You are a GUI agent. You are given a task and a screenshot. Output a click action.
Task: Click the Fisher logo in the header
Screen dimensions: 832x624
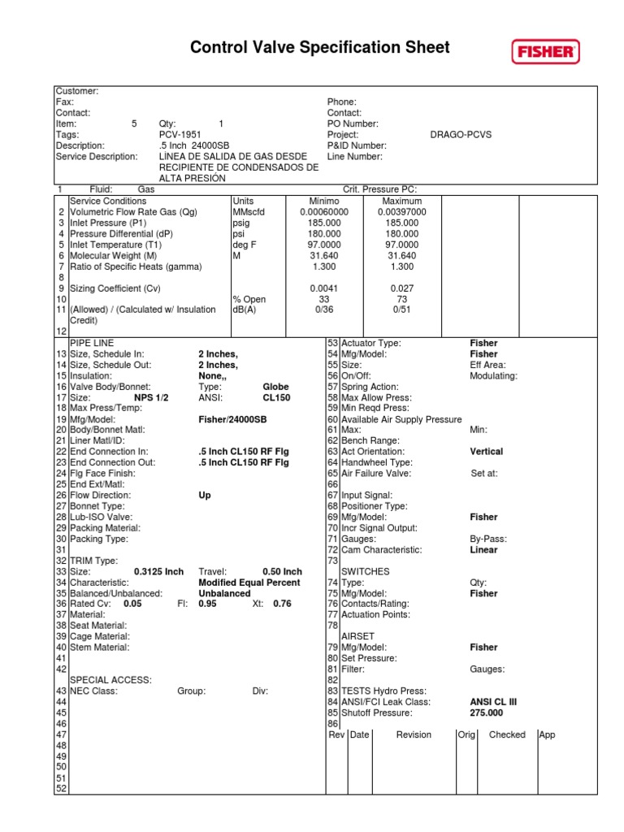pyautogui.click(x=546, y=53)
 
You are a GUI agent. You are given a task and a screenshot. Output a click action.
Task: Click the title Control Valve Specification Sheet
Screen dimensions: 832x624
pyautogui.click(x=319, y=48)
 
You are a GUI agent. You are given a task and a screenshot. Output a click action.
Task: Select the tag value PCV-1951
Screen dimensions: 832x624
pyautogui.click(x=180, y=135)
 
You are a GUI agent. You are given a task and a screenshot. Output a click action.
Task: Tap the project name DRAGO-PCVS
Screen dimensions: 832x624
pyautogui.click(x=461, y=135)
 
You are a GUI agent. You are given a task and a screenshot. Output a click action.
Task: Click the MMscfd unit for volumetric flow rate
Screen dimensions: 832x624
pyautogui.click(x=249, y=212)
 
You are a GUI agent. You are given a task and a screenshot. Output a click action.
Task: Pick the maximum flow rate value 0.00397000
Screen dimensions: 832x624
pyautogui.click(x=401, y=212)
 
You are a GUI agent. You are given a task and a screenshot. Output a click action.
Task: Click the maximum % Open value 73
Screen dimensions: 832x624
pyautogui.click(x=401, y=299)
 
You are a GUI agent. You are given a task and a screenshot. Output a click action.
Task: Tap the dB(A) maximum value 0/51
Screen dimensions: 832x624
pyautogui.click(x=401, y=310)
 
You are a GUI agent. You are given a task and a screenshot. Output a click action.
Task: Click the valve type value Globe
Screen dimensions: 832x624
pyautogui.click(x=275, y=388)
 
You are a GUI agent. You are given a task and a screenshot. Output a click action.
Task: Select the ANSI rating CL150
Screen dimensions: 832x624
pyautogui.click(x=275, y=398)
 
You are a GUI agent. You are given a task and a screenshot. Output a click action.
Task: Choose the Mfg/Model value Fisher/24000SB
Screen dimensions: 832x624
pyautogui.click(x=232, y=420)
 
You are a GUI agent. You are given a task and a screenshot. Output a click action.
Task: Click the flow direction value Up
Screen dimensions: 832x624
pyautogui.click(x=205, y=495)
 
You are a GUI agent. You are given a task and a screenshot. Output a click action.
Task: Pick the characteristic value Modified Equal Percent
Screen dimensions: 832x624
pyautogui.click(x=249, y=583)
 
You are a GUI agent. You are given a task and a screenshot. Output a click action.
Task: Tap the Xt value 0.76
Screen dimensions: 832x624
pyautogui.click(x=282, y=604)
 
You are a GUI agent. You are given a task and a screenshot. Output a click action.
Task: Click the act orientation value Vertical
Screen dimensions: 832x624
pyautogui.click(x=486, y=452)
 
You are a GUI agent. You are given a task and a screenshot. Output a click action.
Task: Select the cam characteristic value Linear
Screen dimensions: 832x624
pyautogui.click(x=483, y=550)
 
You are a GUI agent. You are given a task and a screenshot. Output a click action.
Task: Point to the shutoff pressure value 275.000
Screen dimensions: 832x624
pyautogui.click(x=486, y=713)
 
